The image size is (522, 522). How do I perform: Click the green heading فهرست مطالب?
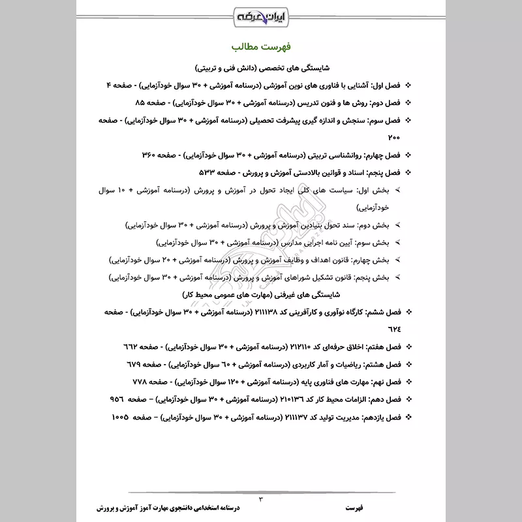pos(261,48)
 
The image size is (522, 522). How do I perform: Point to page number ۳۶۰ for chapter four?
pos(150,155)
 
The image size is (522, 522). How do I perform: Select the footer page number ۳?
pos(260,499)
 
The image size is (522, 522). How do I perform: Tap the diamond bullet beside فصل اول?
pos(408,86)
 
